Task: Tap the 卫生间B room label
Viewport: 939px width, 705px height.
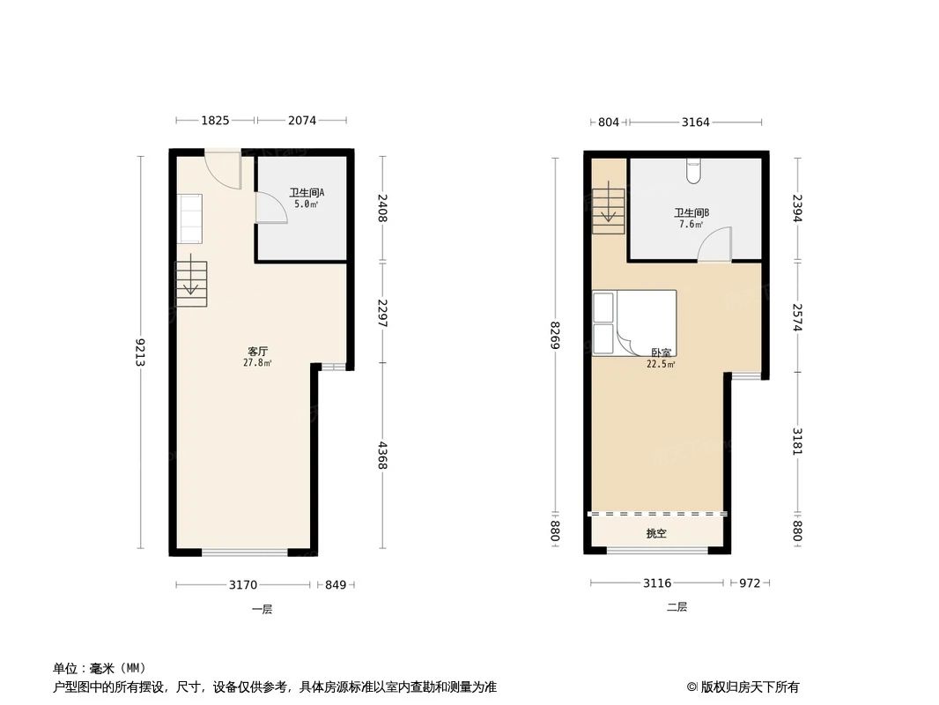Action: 691,212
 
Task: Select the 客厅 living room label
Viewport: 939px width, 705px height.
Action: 257,351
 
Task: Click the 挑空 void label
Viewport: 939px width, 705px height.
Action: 656,533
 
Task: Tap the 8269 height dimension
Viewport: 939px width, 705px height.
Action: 555,336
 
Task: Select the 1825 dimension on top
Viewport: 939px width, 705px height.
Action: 215,121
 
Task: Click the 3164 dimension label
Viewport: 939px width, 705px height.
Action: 695,122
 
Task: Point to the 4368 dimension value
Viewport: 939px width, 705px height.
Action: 381,454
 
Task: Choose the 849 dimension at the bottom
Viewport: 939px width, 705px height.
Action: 336,583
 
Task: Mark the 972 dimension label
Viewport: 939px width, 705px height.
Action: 749,583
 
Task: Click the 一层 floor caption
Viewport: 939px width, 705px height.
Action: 262,609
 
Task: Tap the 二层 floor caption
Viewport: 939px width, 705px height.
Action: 677,607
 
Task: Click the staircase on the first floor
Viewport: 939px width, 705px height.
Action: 191,283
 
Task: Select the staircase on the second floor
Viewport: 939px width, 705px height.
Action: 609,211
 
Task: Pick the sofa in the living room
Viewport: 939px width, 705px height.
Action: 189,218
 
